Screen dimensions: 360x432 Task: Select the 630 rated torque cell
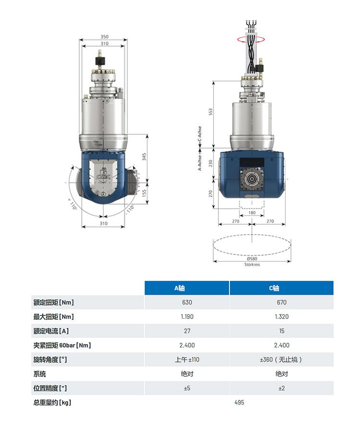tap(187, 302)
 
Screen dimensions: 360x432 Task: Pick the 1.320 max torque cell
tap(281, 317)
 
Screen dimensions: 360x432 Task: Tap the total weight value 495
tap(239, 403)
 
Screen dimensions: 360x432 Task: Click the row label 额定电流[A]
tap(51, 331)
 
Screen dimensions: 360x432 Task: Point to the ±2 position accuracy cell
tap(281, 388)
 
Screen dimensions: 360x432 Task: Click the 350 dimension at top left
tap(104, 36)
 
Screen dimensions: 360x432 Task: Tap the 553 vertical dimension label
tap(211, 111)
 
